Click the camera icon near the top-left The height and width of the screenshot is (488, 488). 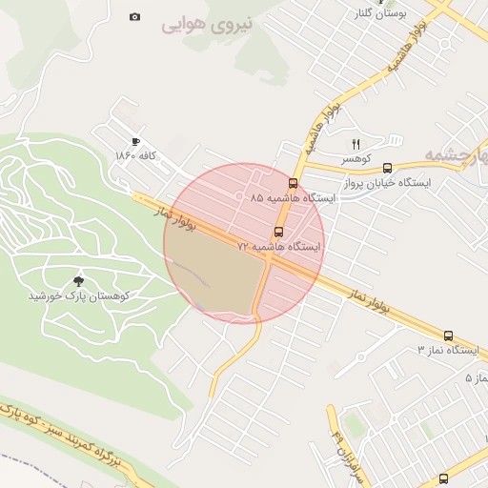click(x=134, y=16)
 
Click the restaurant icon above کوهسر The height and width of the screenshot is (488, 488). click(x=356, y=144)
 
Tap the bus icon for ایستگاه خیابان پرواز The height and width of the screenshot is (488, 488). click(x=387, y=168)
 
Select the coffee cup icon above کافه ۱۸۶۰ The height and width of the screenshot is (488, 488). click(x=135, y=141)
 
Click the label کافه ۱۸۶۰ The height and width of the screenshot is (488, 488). click(x=135, y=155)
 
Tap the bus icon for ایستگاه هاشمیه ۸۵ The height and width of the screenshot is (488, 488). click(x=293, y=183)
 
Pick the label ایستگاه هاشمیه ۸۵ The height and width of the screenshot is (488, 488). click(x=293, y=198)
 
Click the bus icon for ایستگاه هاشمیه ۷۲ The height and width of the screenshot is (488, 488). click(x=278, y=232)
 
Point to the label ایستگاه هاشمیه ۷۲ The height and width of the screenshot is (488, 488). click(x=279, y=247)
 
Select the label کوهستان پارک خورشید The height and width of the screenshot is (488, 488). click(x=78, y=295)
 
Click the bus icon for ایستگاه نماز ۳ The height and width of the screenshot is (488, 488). click(x=448, y=335)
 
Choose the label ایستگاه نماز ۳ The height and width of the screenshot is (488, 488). click(x=447, y=350)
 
